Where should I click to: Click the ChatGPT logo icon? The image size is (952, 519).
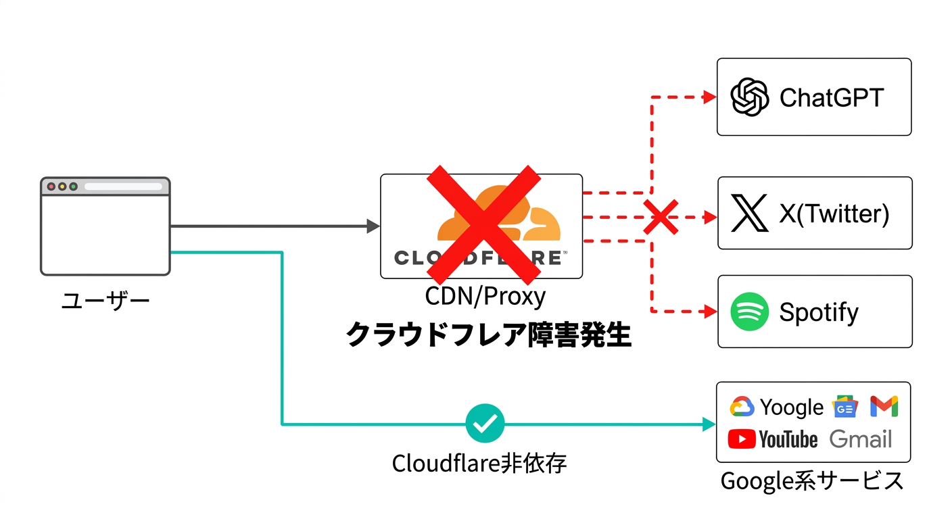(x=750, y=97)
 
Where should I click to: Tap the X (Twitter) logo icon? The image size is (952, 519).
(x=750, y=213)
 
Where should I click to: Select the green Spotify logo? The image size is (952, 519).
(x=750, y=312)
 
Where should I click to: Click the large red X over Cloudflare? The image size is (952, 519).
(x=482, y=225)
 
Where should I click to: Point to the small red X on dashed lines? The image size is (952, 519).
(x=660, y=218)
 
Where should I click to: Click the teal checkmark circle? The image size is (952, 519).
(x=485, y=424)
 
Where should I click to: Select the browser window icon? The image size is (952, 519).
(x=105, y=226)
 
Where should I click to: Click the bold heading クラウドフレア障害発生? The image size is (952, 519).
(x=488, y=335)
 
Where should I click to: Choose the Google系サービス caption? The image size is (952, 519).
(x=812, y=480)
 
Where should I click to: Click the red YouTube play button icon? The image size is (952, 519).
(x=742, y=440)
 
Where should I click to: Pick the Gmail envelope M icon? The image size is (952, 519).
(x=884, y=405)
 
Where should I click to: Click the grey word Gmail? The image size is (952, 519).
(x=860, y=439)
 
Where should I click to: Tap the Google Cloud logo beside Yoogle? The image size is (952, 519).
(x=742, y=407)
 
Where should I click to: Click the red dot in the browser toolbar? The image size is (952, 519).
(x=51, y=187)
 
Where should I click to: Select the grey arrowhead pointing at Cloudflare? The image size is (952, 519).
(x=373, y=226)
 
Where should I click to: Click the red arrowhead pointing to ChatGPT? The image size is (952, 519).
(x=709, y=97)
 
